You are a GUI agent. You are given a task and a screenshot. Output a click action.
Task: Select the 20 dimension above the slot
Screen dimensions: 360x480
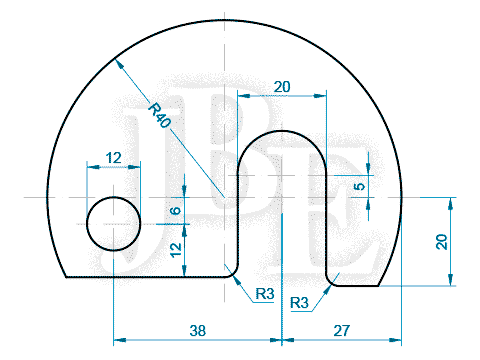(282, 87)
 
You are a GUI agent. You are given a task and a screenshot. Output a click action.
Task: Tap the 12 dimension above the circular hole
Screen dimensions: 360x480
(113, 157)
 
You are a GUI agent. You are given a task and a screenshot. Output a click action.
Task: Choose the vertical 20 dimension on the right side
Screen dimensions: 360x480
(441, 241)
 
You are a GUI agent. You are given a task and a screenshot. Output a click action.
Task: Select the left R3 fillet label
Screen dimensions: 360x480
(264, 294)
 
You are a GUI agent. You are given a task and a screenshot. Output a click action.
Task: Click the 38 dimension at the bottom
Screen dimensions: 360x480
(198, 328)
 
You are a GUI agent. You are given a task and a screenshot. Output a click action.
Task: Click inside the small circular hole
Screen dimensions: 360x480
(113, 223)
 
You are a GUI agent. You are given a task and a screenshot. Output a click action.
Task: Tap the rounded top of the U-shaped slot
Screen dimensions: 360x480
(283, 132)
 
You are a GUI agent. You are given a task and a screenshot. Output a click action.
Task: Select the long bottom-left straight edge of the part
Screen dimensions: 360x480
(145, 277)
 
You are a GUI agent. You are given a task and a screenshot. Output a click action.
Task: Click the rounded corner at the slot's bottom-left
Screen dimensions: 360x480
(234, 271)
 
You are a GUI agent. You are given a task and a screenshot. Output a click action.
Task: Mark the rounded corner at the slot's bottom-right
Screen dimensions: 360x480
(332, 281)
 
